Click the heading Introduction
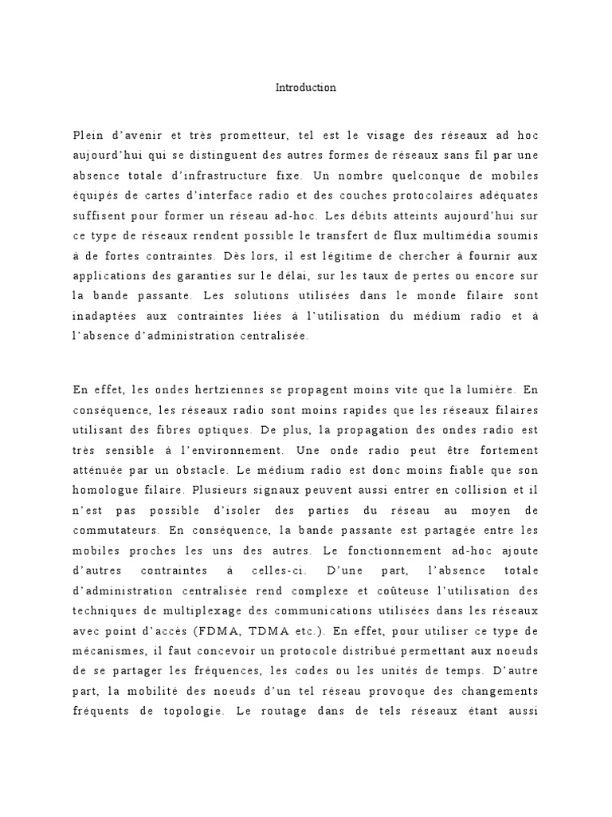(x=305, y=88)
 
